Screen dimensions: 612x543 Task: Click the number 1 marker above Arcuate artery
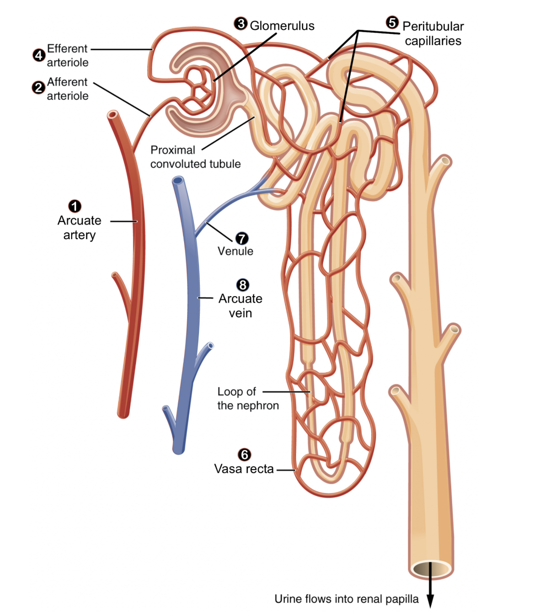click(75, 206)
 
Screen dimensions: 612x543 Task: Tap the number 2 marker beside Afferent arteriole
click(38, 88)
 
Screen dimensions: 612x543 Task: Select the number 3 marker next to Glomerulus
click(240, 24)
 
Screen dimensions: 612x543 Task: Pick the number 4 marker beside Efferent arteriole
click(39, 55)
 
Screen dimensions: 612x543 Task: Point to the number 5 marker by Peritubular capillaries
click(392, 23)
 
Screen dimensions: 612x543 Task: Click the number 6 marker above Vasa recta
click(244, 455)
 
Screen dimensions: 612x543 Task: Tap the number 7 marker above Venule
click(242, 238)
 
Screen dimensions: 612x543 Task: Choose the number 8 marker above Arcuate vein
click(243, 285)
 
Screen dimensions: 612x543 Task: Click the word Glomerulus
click(282, 26)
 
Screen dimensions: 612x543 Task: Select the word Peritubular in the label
click(433, 27)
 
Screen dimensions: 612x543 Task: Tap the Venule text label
click(235, 251)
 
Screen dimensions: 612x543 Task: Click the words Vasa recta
click(244, 469)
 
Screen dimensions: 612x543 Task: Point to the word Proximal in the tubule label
click(172, 150)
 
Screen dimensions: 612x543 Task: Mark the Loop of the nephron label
click(247, 398)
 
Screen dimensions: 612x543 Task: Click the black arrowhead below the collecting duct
click(430, 601)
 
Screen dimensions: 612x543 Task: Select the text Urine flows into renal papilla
click(346, 599)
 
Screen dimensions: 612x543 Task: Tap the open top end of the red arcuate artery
click(113, 115)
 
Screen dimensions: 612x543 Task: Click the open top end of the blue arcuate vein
click(178, 180)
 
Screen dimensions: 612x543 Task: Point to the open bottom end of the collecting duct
click(431, 569)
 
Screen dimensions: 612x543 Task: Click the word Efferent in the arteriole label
click(67, 49)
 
